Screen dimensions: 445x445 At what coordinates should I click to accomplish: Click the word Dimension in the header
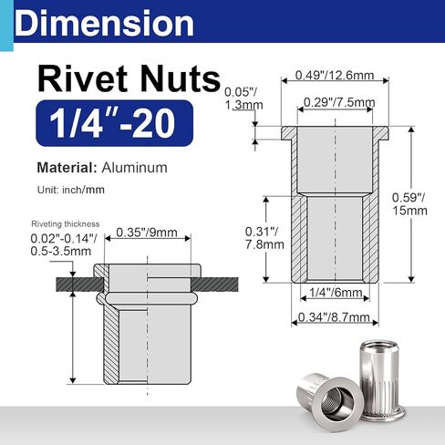[104, 23]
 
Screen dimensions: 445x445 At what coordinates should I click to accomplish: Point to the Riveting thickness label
[65, 223]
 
